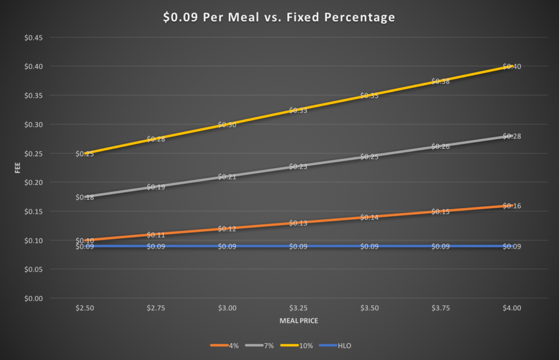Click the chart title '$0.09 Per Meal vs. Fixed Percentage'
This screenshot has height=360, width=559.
279,17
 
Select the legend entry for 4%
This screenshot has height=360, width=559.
222,345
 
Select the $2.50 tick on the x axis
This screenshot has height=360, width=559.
85,308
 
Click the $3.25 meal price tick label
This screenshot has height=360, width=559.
298,308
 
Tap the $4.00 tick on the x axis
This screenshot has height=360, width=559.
512,308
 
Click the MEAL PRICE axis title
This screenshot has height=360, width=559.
298,321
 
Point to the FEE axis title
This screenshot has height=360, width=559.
18,168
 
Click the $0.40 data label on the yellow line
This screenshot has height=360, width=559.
512,67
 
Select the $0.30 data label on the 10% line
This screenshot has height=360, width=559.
227,125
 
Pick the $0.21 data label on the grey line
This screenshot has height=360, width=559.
227,177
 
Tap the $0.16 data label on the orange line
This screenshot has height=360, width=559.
512,206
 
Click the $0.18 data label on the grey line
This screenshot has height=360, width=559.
85,197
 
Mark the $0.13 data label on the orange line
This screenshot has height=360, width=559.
298,223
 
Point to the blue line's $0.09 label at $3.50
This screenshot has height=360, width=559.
370,247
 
